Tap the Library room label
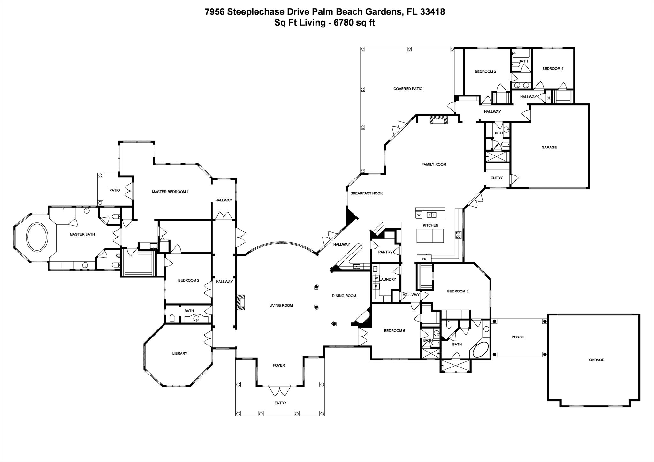point(180,353)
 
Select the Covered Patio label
point(408,89)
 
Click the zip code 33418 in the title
point(432,12)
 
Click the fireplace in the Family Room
point(438,120)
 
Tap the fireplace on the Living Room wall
point(241,302)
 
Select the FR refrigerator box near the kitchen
point(424,259)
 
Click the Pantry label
point(385,252)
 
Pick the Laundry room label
point(388,279)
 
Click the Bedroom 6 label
point(394,331)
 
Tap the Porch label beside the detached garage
point(518,337)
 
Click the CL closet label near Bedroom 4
point(549,98)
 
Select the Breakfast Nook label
point(366,193)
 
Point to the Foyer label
point(279,365)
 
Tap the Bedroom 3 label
point(485,72)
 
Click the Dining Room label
point(344,296)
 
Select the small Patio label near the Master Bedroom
point(115,190)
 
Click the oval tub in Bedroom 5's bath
point(481,350)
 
